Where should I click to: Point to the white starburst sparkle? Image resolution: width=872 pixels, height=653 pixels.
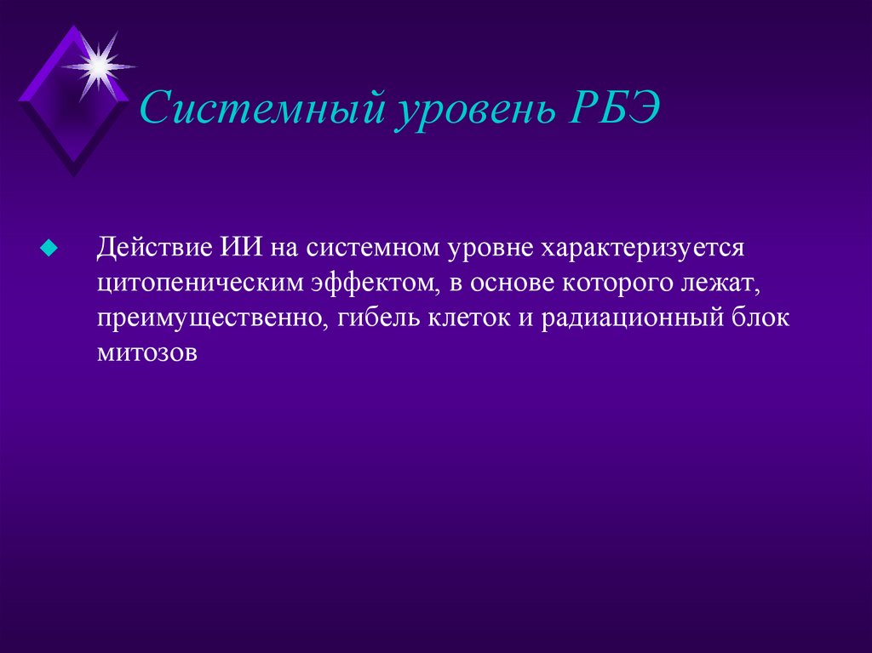point(98,64)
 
